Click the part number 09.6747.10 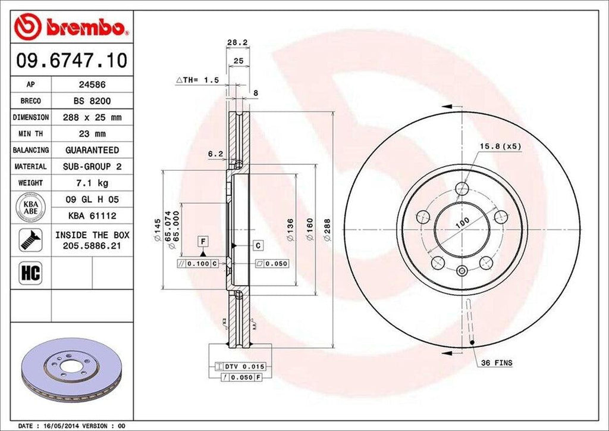click(x=71, y=61)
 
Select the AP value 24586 click(x=92, y=85)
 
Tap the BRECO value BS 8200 click(x=92, y=101)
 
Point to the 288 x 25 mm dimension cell click(x=92, y=117)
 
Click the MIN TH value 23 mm click(x=92, y=134)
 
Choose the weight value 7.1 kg click(x=92, y=183)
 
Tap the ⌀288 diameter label click(x=327, y=229)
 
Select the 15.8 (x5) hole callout click(x=501, y=146)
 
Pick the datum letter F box click(x=203, y=241)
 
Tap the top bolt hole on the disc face click(x=462, y=189)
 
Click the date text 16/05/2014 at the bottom click(x=63, y=426)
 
